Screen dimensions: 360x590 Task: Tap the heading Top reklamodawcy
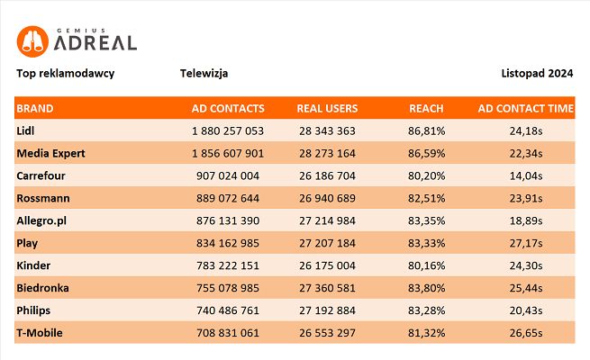click(65, 73)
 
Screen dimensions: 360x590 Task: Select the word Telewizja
click(204, 73)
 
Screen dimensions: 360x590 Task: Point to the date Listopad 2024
click(537, 73)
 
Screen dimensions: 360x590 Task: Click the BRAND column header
click(35, 109)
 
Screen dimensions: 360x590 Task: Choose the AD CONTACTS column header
click(228, 109)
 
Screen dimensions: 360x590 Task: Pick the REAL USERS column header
click(327, 109)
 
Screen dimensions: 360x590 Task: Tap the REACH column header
click(426, 109)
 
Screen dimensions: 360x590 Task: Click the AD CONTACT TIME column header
click(525, 109)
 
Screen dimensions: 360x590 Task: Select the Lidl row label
click(25, 130)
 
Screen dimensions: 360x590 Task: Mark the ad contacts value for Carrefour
click(228, 175)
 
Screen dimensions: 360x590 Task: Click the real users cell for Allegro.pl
click(326, 220)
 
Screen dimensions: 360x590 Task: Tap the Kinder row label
click(33, 265)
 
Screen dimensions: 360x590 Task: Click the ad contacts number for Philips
click(228, 310)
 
